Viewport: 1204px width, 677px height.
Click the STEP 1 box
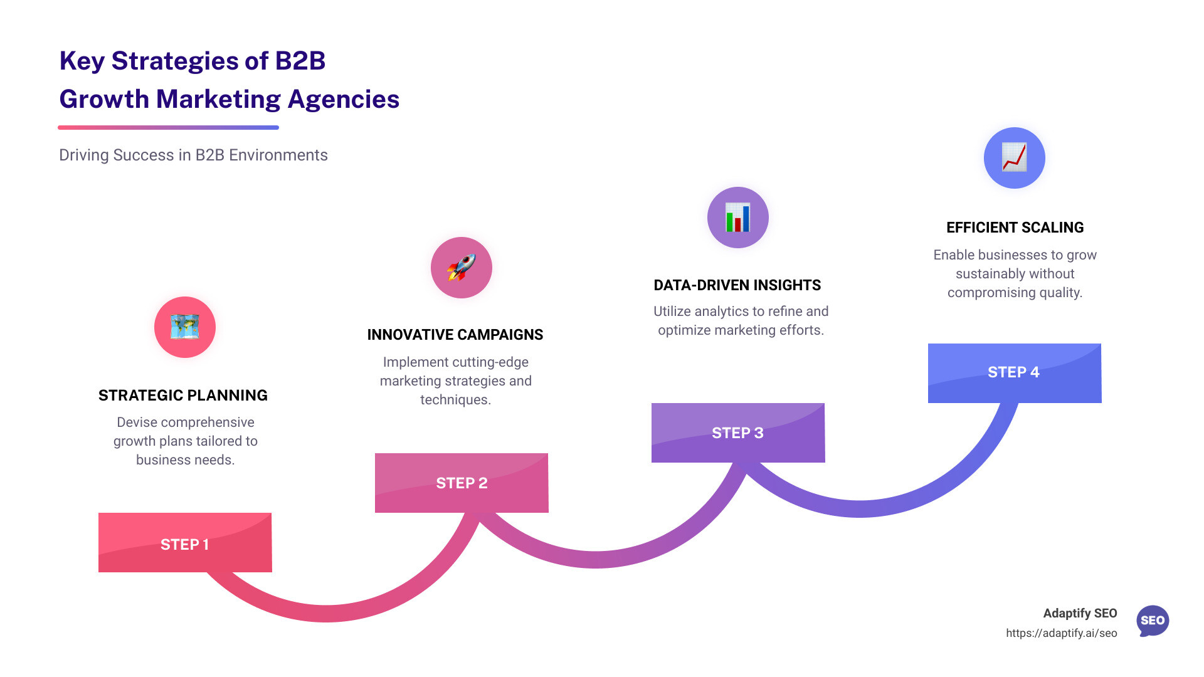[185, 543]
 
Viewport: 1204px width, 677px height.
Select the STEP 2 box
[462, 483]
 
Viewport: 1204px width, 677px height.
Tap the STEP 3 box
[738, 433]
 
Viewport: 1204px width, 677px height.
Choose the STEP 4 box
[1014, 372]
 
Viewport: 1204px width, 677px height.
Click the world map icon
[185, 327]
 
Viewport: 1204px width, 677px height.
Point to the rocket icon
[462, 268]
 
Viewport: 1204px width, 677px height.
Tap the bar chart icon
[738, 218]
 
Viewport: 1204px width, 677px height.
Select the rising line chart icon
[1014, 157]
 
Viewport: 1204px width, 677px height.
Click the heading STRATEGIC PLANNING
[183, 396]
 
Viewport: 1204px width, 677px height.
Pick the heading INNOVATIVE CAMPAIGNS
[455, 335]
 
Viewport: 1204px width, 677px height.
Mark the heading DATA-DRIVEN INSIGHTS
[737, 285]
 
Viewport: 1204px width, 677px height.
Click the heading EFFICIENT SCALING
[1015, 228]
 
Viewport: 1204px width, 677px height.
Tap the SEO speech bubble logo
[1153, 621]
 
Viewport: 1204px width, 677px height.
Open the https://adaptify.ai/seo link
[1061, 633]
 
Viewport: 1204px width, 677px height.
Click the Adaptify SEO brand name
[1080, 613]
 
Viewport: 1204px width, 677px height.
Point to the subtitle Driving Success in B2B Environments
[193, 155]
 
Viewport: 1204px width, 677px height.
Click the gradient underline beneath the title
[168, 128]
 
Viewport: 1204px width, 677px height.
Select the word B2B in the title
[300, 61]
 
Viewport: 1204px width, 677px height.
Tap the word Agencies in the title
[344, 100]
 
